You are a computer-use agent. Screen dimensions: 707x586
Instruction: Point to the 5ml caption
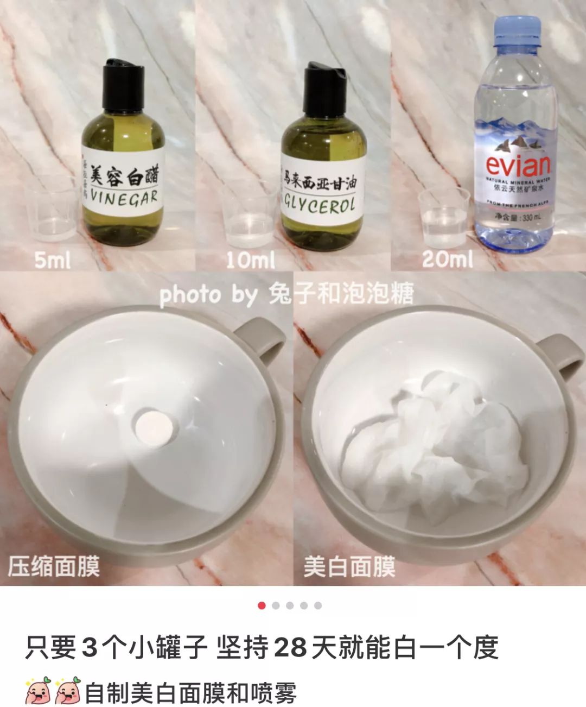[52, 260]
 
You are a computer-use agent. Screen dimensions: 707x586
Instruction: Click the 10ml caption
[250, 260]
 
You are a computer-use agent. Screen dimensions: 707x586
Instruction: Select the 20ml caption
[447, 259]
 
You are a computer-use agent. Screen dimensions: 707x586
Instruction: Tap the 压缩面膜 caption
[54, 567]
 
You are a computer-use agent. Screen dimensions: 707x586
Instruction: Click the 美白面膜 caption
[349, 567]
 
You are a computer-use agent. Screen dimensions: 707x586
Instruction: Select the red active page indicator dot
[262, 605]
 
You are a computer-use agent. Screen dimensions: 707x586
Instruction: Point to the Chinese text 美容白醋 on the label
[127, 174]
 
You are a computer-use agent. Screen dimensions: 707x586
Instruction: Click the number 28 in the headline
[291, 647]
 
